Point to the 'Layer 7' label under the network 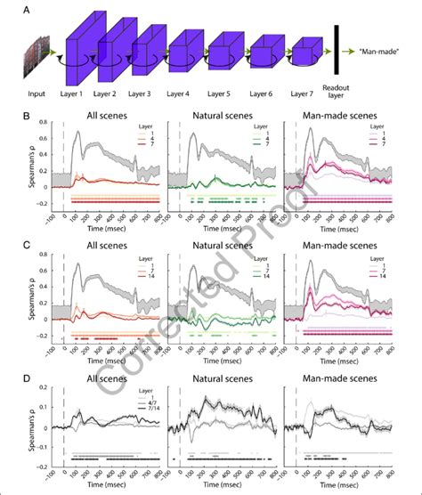pyautogui.click(x=305, y=93)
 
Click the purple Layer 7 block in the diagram pyautogui.click(x=304, y=55)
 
